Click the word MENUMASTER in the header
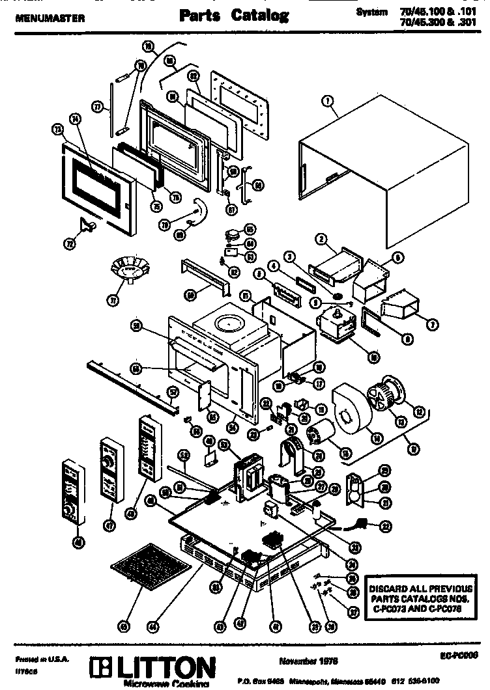click(50, 19)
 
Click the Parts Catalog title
click(234, 16)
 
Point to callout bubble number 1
click(328, 101)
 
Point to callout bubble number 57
click(173, 393)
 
